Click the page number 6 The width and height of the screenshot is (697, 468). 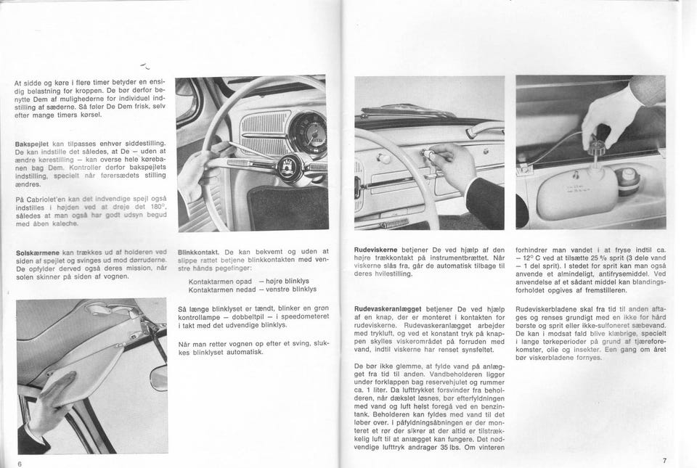20,462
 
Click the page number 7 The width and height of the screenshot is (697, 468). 664,461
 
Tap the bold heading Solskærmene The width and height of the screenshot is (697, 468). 37,253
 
